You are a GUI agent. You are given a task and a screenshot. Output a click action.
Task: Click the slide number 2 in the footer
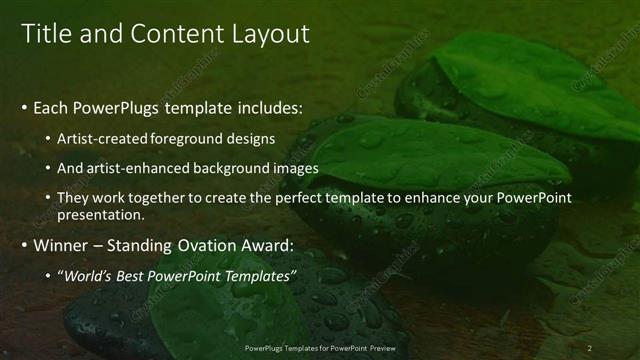[x=589, y=347]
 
